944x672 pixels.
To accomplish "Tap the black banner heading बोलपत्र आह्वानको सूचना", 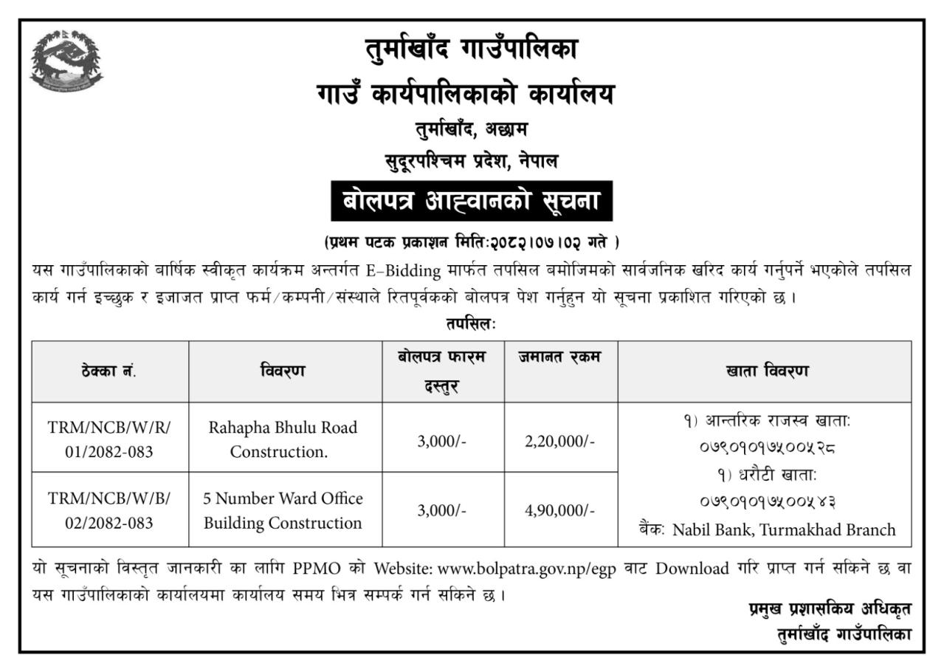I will (472, 202).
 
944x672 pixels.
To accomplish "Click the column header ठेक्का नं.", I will (109, 371).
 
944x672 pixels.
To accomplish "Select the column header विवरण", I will (284, 371).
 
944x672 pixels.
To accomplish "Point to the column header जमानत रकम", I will (561, 358).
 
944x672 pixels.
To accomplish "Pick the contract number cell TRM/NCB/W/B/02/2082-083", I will (109, 510).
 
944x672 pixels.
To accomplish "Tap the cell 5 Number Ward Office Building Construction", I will (284, 510).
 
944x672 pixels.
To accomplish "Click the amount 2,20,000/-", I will (561, 442).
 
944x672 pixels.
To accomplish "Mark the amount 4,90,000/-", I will (561, 510).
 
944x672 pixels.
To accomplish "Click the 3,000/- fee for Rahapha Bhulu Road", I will (442, 442).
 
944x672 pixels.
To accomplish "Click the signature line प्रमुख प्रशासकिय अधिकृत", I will (828, 610).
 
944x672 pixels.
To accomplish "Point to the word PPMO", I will (317, 569).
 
